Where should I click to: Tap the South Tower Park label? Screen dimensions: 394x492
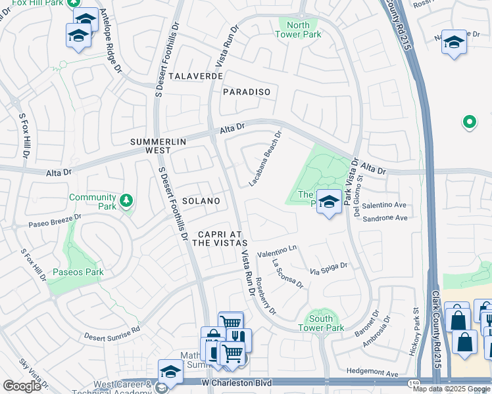tap(321, 323)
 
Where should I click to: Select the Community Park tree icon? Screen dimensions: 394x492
tap(125, 200)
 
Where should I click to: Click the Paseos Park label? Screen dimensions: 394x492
tap(78, 272)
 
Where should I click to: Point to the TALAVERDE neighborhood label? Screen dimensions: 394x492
tap(195, 76)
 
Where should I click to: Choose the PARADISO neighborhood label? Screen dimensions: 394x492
tap(247, 92)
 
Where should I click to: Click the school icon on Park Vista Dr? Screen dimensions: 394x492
tap(329, 202)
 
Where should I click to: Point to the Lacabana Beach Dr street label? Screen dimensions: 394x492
tap(266, 158)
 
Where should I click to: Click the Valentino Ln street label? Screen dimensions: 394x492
tap(277, 251)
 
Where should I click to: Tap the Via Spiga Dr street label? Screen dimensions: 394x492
tap(329, 269)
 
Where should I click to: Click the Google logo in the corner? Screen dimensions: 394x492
tap(22, 386)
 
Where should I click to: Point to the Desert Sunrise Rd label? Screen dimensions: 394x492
tap(112, 334)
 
